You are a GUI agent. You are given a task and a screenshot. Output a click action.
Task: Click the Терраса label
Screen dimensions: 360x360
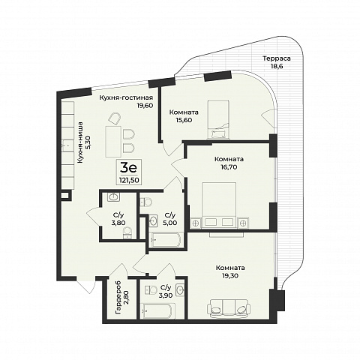click(277, 58)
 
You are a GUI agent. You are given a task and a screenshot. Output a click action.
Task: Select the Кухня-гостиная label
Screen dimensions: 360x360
click(126, 97)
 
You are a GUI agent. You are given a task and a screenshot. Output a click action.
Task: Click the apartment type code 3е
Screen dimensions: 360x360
click(128, 168)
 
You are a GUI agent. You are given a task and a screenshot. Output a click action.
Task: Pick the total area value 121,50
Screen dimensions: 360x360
click(129, 179)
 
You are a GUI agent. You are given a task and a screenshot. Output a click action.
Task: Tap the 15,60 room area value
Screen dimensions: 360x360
click(184, 120)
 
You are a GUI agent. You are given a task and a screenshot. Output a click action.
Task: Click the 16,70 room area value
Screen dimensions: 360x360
click(229, 166)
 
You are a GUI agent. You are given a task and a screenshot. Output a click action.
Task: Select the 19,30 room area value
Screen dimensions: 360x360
click(230, 276)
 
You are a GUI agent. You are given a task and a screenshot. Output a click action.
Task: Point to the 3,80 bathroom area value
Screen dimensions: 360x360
click(118, 223)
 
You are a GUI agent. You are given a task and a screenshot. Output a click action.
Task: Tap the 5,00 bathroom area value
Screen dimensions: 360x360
click(170, 223)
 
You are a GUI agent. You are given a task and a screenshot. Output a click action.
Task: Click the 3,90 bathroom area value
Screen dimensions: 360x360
click(166, 295)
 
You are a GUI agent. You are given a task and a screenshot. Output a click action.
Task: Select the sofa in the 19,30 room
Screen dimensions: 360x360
click(229, 308)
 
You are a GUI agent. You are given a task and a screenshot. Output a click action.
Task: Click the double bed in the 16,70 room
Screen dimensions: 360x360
click(219, 205)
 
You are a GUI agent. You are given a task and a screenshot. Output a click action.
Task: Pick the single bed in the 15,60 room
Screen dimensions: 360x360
click(218, 119)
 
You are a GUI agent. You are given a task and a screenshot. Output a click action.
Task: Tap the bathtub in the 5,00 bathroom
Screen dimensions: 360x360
click(165, 240)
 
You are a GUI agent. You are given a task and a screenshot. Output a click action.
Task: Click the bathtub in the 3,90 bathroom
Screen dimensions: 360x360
click(156, 310)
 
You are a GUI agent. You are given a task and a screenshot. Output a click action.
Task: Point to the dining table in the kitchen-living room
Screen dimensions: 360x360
click(114, 142)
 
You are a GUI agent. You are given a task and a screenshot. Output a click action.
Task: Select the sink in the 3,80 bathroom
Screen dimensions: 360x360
click(114, 197)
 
